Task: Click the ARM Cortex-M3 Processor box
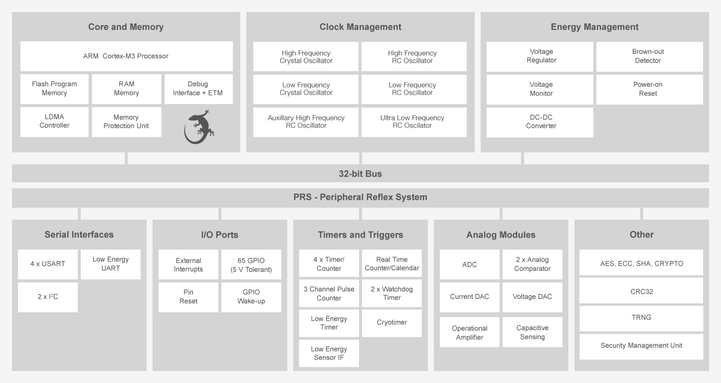[126, 56]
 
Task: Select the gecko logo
[199, 127]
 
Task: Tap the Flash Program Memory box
[54, 89]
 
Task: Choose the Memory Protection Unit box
[126, 122]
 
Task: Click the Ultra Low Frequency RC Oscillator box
[413, 122]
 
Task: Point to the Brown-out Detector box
[649, 56]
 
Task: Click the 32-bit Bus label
[360, 174]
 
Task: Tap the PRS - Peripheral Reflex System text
[360, 197]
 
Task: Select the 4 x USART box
[48, 264]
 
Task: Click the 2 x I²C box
[48, 297]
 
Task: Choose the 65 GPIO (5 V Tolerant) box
[251, 264]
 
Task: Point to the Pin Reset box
[188, 297]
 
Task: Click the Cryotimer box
[391, 323]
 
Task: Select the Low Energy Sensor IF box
[329, 353]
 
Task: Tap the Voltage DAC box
[532, 297]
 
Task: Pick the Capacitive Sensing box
[532, 332]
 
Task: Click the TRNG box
[641, 318]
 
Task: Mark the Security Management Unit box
[641, 346]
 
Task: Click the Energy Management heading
[594, 27]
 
